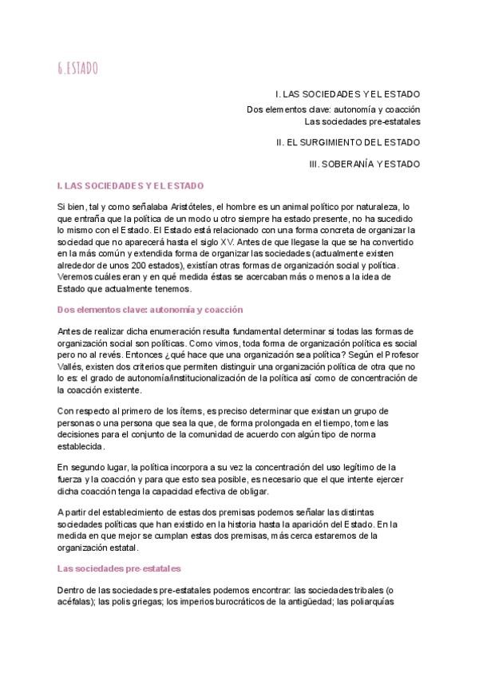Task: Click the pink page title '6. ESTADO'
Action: coord(77,69)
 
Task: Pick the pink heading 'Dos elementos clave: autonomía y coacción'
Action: coord(150,309)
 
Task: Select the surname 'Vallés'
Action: coord(71,366)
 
